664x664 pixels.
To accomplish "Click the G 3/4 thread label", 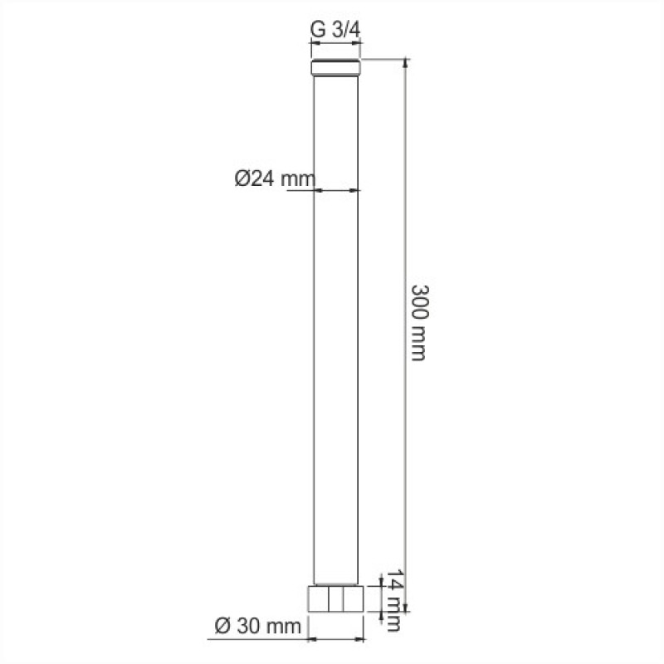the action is [x=335, y=30].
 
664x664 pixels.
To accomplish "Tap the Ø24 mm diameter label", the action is [x=276, y=178].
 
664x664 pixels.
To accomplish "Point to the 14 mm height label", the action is [x=393, y=600].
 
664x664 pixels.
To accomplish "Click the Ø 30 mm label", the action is [x=258, y=626].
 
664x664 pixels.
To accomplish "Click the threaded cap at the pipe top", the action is [x=336, y=68].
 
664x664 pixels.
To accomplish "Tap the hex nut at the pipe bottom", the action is [x=335, y=598].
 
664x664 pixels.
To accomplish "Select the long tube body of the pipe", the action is [x=336, y=330].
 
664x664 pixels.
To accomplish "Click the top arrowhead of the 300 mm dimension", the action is [x=406, y=64].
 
